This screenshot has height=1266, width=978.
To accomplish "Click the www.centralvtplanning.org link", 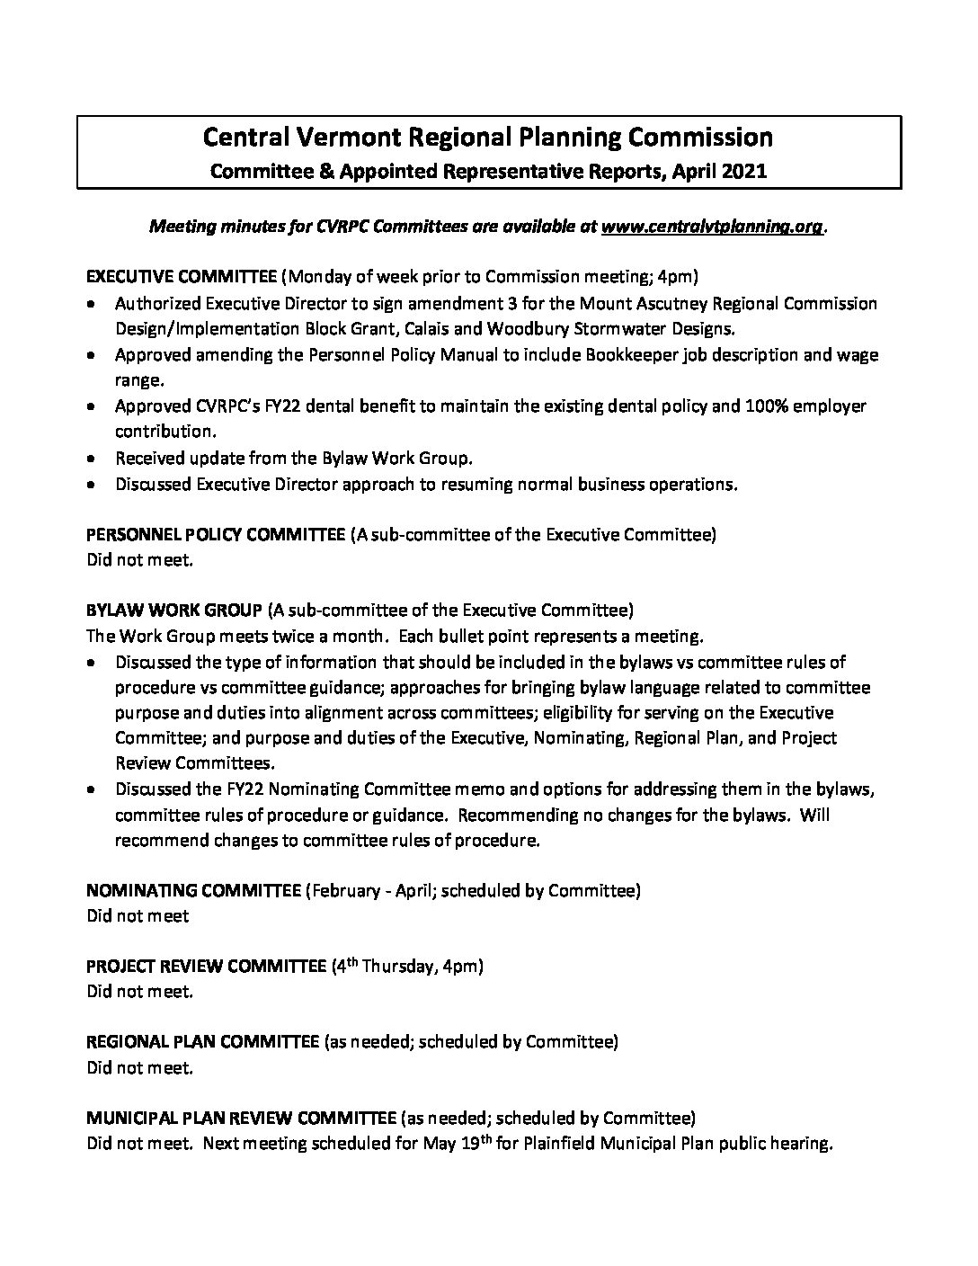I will point(711,227).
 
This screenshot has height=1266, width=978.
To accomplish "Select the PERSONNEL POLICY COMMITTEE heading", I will point(215,534).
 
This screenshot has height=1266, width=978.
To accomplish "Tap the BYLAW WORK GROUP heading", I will point(174,611).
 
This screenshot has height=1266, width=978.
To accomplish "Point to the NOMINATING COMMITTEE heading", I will point(193,891).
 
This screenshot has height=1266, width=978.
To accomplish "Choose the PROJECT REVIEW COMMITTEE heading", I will point(206,967).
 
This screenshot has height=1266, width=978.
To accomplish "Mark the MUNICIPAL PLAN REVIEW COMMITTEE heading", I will point(241,1119).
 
